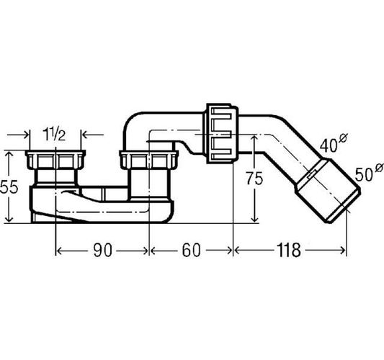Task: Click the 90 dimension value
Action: (x=103, y=250)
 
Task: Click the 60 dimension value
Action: (x=191, y=250)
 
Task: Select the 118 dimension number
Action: (x=288, y=250)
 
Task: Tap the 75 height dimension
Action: (x=255, y=178)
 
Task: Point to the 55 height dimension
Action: (x=9, y=187)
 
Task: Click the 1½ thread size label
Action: (x=54, y=135)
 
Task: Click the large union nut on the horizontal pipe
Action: (x=222, y=133)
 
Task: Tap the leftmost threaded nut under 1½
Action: (x=55, y=159)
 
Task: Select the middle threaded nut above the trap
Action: (x=148, y=159)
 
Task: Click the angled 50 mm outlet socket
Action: (x=328, y=191)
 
